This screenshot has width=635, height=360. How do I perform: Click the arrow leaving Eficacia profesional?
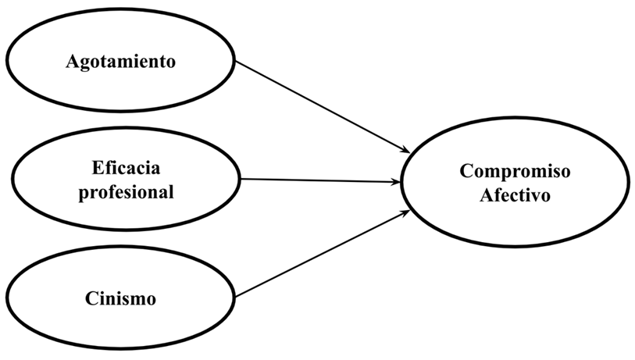[x=320, y=181]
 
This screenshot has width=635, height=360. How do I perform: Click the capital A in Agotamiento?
[x=71, y=62]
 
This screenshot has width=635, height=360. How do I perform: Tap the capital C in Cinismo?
[x=88, y=298]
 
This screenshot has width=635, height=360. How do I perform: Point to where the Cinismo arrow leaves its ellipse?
[x=236, y=297]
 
